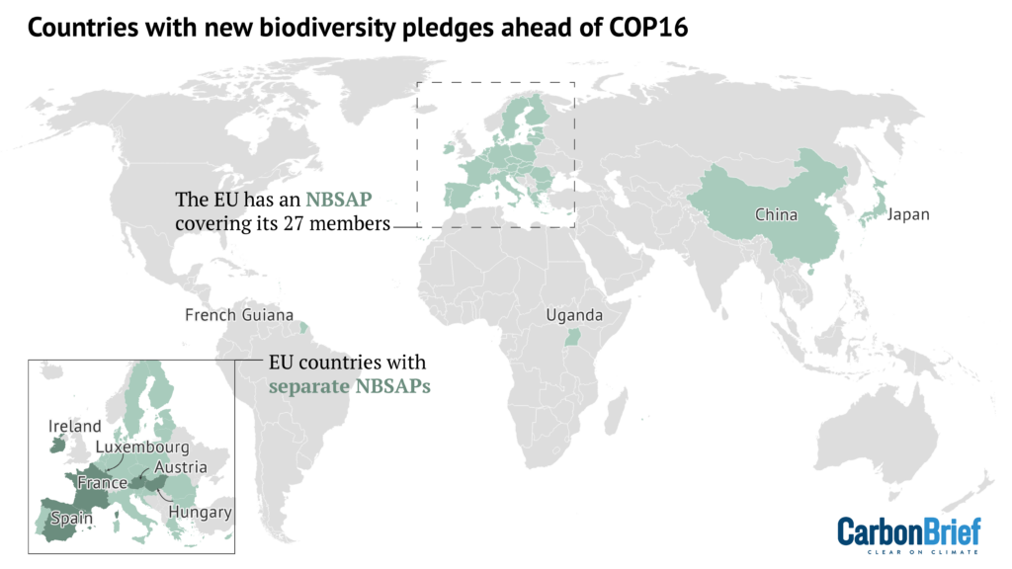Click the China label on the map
[x=777, y=214]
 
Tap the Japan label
[x=908, y=214]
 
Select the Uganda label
[x=572, y=316]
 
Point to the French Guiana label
[x=239, y=316]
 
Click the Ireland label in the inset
[x=74, y=427]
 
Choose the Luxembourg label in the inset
[x=142, y=447]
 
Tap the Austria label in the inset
[x=181, y=467]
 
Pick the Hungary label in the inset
[x=200, y=513]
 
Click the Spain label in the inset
[x=73, y=519]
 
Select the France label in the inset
[x=103, y=484]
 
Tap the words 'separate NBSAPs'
[x=350, y=386]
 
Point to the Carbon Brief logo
[x=909, y=533]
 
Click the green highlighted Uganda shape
[x=570, y=339]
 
